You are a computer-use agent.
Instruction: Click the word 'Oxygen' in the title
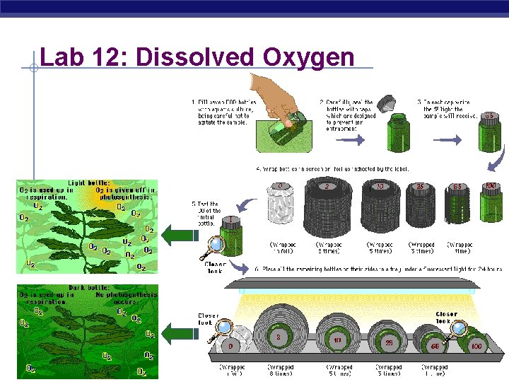click(x=308, y=57)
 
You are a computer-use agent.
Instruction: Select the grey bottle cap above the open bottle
click(x=388, y=105)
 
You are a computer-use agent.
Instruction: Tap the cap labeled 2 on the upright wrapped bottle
click(x=327, y=187)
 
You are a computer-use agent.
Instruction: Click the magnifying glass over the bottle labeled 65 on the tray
click(x=457, y=328)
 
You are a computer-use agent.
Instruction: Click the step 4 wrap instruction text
click(x=332, y=169)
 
